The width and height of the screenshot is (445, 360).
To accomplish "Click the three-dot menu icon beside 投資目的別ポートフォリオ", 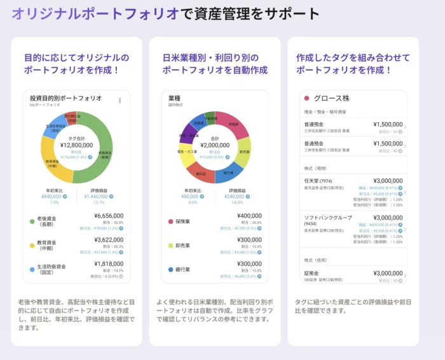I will [x=120, y=100].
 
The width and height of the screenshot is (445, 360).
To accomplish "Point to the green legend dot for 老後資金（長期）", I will [x=32, y=221].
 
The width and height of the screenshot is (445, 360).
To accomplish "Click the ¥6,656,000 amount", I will [x=109, y=216].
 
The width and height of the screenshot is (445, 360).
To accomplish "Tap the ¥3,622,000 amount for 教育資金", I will [x=109, y=240].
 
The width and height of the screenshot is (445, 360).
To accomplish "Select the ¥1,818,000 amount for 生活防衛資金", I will [x=109, y=263].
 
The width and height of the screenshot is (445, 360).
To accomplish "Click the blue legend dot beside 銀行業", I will [x=171, y=270].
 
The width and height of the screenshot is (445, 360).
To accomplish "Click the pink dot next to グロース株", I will [x=306, y=98].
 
